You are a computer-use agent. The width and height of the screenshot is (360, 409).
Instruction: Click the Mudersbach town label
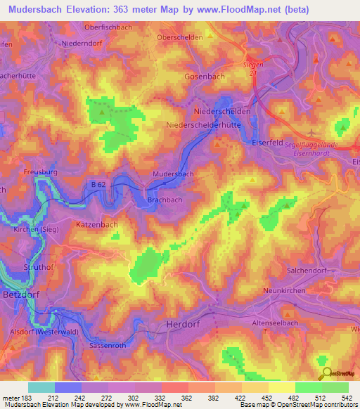pyautogui.click(x=173, y=173)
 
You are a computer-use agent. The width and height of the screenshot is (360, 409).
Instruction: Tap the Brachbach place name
pyautogui.click(x=165, y=200)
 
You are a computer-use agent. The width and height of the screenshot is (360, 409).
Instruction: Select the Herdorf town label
pyautogui.click(x=185, y=324)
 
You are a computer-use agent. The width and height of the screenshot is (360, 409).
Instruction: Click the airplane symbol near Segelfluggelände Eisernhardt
pyautogui.click(x=313, y=132)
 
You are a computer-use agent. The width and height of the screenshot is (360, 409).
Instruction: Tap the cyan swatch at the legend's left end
pyautogui.click(x=41, y=387)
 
